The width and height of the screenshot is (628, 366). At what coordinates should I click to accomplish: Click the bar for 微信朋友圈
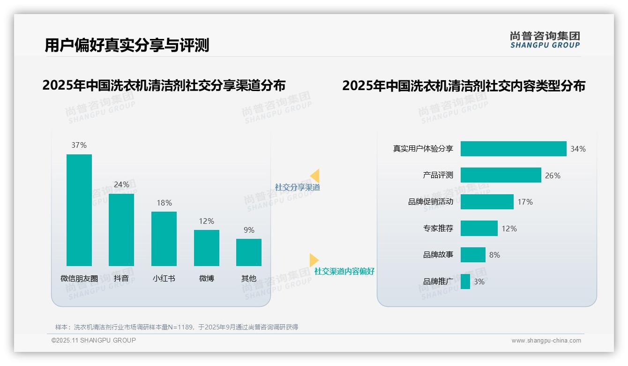(x=79, y=210)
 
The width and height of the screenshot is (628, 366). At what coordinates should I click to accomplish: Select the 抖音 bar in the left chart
(x=121, y=229)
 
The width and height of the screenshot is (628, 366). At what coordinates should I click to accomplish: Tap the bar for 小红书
(x=164, y=238)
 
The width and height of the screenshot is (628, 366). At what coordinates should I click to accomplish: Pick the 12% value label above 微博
(x=206, y=221)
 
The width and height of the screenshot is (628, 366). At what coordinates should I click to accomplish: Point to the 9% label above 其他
(x=249, y=230)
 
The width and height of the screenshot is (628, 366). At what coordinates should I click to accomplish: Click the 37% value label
(x=79, y=145)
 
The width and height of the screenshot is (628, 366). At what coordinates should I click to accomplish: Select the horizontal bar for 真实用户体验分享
(x=513, y=149)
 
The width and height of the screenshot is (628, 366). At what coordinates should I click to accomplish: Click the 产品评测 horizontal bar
(x=501, y=175)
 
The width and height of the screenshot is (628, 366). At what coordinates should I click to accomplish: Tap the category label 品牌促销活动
(x=431, y=202)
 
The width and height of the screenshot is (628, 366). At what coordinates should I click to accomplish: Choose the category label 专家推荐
(x=438, y=229)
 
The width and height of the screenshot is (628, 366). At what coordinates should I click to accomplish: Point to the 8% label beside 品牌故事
(x=494, y=255)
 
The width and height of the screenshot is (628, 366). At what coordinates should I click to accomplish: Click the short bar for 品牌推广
(x=465, y=282)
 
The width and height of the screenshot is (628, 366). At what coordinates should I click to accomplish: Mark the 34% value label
(x=578, y=149)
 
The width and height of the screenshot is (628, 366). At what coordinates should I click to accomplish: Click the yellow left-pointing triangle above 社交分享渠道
(x=315, y=176)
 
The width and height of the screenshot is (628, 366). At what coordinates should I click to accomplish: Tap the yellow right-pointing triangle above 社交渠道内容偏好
(x=314, y=260)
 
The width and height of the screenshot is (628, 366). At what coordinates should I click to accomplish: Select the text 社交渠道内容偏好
(x=344, y=271)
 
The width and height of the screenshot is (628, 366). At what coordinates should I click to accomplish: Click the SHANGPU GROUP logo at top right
(x=545, y=40)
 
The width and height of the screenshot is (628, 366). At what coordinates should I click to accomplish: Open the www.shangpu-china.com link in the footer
(x=546, y=341)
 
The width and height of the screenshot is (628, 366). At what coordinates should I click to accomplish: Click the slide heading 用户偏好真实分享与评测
(x=127, y=45)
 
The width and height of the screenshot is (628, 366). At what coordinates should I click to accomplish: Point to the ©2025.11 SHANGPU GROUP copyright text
(x=94, y=340)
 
